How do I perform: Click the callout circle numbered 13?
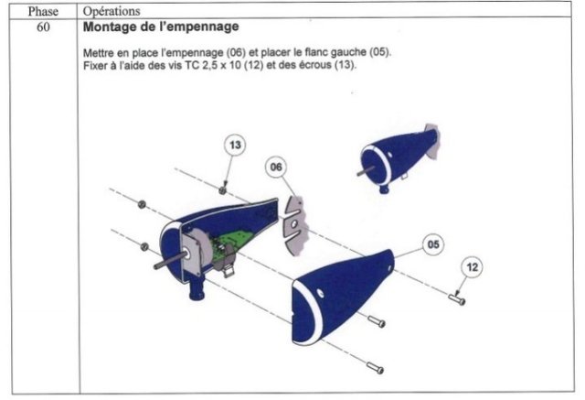click(235, 145)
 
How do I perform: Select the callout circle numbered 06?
click(276, 167)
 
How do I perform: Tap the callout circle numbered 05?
click(433, 244)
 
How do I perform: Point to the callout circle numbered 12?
click(473, 267)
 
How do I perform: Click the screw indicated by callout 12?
click(457, 299)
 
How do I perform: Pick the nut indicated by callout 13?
click(222, 190)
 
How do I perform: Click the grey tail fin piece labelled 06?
click(295, 226)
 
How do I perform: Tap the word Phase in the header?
click(43, 12)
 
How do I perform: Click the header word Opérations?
click(112, 11)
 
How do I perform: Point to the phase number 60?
click(43, 27)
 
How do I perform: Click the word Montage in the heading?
click(104, 27)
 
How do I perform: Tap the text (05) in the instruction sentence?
click(380, 51)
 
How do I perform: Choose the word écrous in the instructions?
click(315, 65)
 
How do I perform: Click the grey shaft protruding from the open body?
click(170, 261)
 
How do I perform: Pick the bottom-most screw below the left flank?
click(375, 368)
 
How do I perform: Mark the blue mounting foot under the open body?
click(197, 289)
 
